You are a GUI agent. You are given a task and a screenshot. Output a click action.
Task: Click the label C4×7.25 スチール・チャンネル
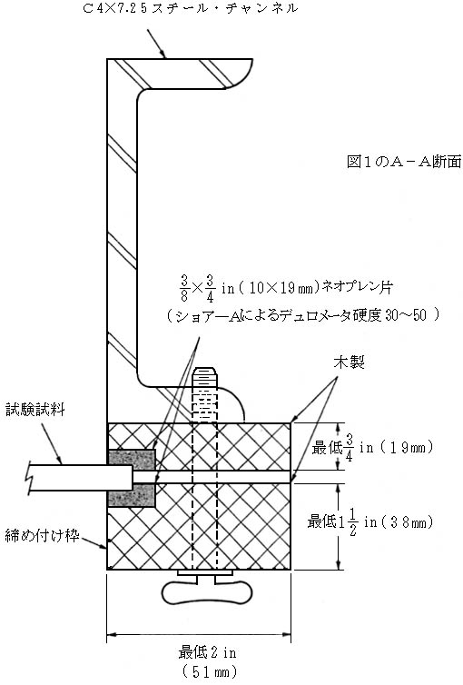tap(190, 8)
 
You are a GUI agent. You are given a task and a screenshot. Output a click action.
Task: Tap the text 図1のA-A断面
tap(404, 162)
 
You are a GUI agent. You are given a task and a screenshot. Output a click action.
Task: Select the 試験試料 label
tap(35, 410)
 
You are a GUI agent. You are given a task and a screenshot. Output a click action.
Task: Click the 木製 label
tap(349, 362)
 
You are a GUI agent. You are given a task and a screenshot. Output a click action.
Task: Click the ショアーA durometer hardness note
tap(303, 315)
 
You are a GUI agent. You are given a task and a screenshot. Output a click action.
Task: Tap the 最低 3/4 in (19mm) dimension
tap(372, 447)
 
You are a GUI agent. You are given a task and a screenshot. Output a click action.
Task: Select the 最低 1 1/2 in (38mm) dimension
tap(370, 521)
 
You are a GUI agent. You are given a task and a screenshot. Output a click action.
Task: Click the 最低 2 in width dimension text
tap(207, 652)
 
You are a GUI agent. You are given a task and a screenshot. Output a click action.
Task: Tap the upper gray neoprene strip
tap(132, 457)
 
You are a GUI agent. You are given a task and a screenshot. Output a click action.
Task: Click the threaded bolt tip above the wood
tap(204, 373)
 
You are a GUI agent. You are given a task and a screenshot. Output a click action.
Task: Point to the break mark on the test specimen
tap(31, 478)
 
